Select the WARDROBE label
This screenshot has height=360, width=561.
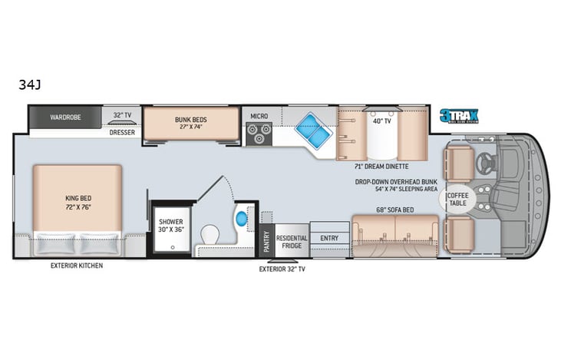65,117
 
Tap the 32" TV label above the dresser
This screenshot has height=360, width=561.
123,115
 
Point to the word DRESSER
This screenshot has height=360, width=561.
122,130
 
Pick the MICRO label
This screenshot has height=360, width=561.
259,116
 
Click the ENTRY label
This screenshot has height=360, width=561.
329,238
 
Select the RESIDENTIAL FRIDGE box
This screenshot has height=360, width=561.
292,242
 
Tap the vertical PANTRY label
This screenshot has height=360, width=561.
266,242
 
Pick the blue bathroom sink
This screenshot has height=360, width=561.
242,217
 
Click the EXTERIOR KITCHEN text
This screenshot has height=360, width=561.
77,266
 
